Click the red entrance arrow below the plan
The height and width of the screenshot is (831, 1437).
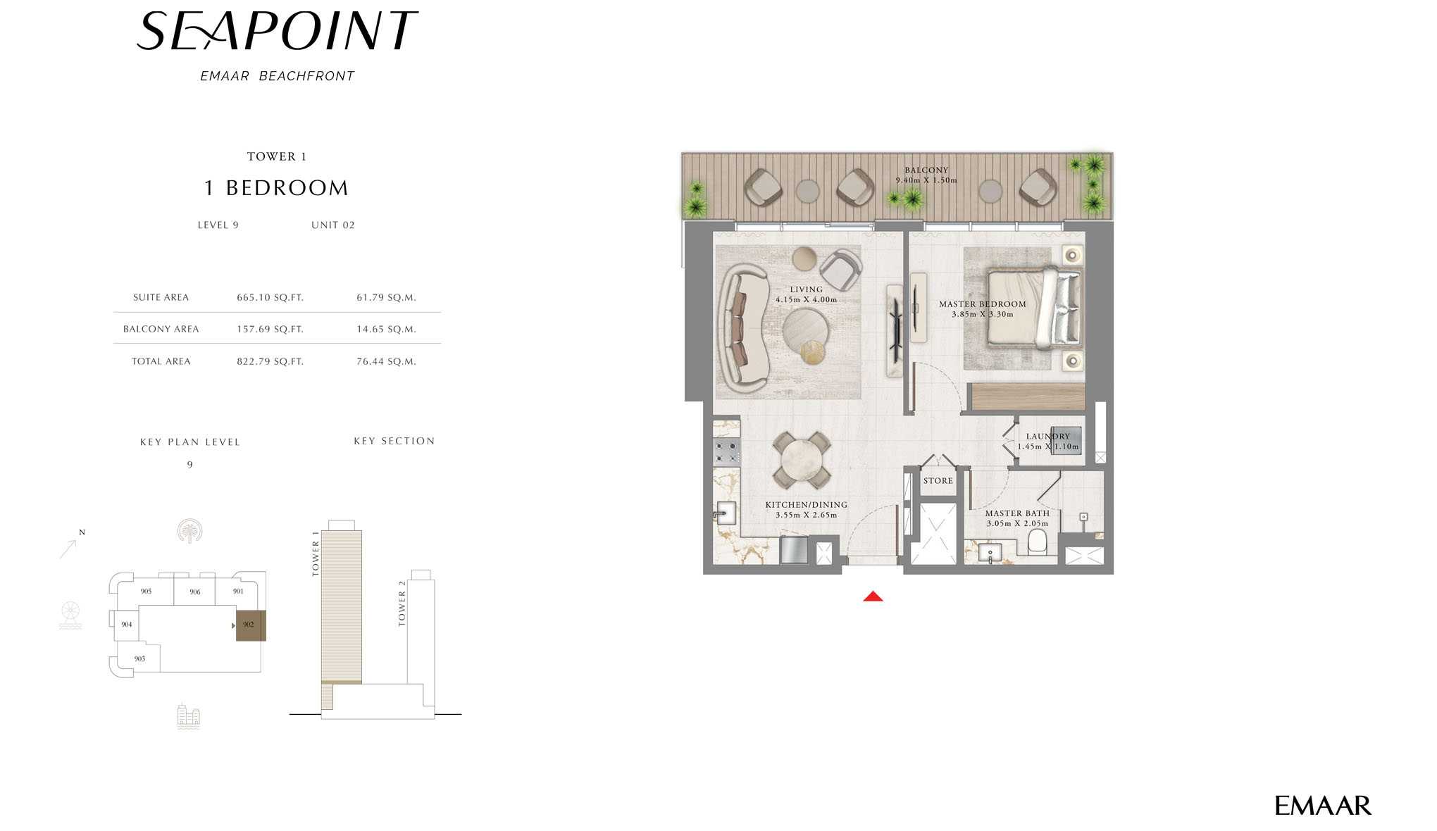pyautogui.click(x=873, y=596)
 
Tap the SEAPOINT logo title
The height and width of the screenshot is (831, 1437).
pyautogui.click(x=277, y=32)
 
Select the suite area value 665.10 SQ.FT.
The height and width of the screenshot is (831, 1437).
pyautogui.click(x=270, y=297)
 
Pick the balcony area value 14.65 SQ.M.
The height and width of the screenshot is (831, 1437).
pyautogui.click(x=386, y=329)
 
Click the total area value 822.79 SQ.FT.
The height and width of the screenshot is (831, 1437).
pyautogui.click(x=270, y=361)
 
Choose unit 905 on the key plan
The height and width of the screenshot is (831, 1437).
pyautogui.click(x=146, y=591)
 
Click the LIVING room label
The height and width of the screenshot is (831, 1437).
pyautogui.click(x=806, y=289)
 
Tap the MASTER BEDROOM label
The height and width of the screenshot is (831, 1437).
pyautogui.click(x=982, y=304)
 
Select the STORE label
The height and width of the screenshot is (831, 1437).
pyautogui.click(x=938, y=481)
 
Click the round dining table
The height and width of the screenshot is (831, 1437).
pyautogui.click(x=802, y=461)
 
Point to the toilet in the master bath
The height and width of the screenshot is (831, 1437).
pyautogui.click(x=1037, y=542)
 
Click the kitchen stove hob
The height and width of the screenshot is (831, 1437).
pyautogui.click(x=726, y=451)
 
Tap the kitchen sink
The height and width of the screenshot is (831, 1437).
pyautogui.click(x=725, y=513)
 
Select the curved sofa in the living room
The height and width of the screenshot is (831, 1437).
pyautogui.click(x=740, y=328)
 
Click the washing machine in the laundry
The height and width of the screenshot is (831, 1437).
pyautogui.click(x=1065, y=441)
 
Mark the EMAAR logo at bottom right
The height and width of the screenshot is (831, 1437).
pyautogui.click(x=1322, y=806)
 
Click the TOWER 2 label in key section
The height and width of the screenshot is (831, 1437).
pyautogui.click(x=402, y=604)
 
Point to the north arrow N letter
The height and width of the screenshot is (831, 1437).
pyautogui.click(x=82, y=532)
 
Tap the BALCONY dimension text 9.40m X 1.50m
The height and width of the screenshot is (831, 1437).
pyautogui.click(x=926, y=180)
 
